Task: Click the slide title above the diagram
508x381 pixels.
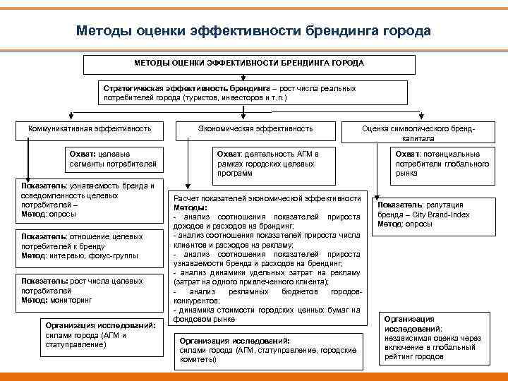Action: (253, 32)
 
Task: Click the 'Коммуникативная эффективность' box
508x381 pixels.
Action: (90, 129)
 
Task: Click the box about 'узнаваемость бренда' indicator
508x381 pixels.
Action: (87, 200)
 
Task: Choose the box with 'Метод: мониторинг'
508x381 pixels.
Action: (87, 291)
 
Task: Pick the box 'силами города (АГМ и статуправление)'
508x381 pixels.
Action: (94, 334)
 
